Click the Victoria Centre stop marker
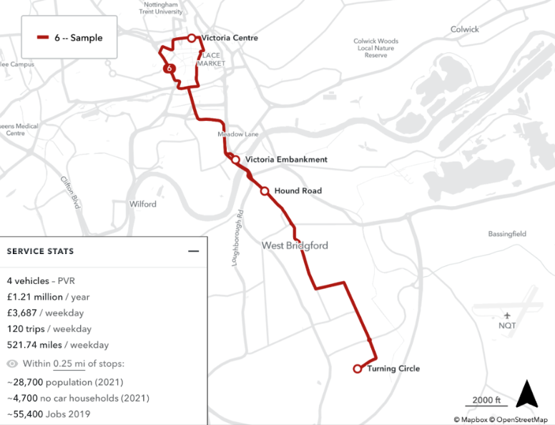pyautogui.click(x=192, y=38)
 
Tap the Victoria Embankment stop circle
pyautogui.click(x=235, y=160)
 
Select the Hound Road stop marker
pyautogui.click(x=265, y=191)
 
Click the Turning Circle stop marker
pyautogui.click(x=358, y=369)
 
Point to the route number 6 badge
pyautogui.click(x=169, y=69)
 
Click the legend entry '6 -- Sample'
pyautogui.click(x=70, y=38)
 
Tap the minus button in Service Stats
pyautogui.click(x=192, y=251)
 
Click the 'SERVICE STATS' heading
pyautogui.click(x=40, y=251)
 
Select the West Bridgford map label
pyautogui.click(x=295, y=245)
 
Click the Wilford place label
pyautogui.click(x=143, y=204)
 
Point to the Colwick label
pyautogui.click(x=465, y=29)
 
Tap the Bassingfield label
pyautogui.click(x=507, y=234)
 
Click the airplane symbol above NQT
pyautogui.click(x=507, y=315)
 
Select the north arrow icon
pyautogui.click(x=526, y=394)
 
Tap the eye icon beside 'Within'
pyautogui.click(x=12, y=363)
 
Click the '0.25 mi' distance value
pyautogui.click(x=69, y=363)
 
